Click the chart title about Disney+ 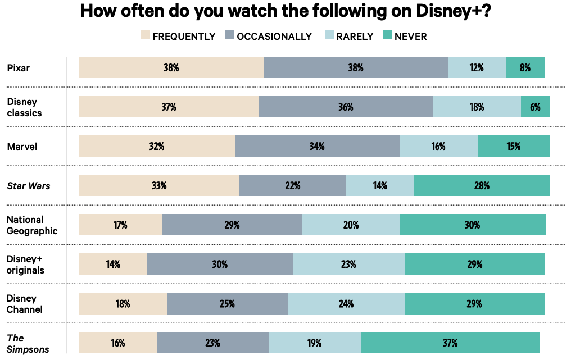coord(285,11)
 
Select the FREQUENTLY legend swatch coord(145,37)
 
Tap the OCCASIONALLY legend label coord(274,37)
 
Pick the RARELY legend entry coord(354,37)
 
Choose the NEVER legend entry coord(410,37)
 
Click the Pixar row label coord(19,68)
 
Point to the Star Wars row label coord(29,186)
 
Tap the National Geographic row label coord(32,225)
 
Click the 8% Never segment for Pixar coord(525,67)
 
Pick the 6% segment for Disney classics coord(534,107)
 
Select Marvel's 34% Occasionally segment coord(317,146)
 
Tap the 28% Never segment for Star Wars coord(482,185)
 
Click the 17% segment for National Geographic coord(120,225)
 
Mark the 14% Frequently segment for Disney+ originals coord(113,264)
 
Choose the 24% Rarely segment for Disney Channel coord(346,303)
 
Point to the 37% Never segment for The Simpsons coord(450,343)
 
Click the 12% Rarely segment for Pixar coord(477,67)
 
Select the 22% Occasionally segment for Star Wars coord(292,185)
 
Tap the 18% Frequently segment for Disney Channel coord(123,303)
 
